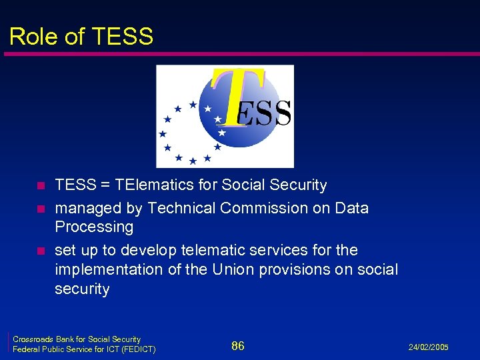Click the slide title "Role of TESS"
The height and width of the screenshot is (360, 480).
click(81, 36)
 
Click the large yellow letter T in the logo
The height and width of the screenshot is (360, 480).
click(239, 93)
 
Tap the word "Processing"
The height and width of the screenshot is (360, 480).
click(94, 227)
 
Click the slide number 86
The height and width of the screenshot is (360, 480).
click(238, 345)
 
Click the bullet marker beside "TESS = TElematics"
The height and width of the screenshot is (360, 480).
click(41, 186)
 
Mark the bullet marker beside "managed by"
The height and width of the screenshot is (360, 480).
click(41, 209)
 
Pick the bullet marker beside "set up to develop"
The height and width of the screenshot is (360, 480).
click(41, 251)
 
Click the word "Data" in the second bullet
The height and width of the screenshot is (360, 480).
click(352, 208)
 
